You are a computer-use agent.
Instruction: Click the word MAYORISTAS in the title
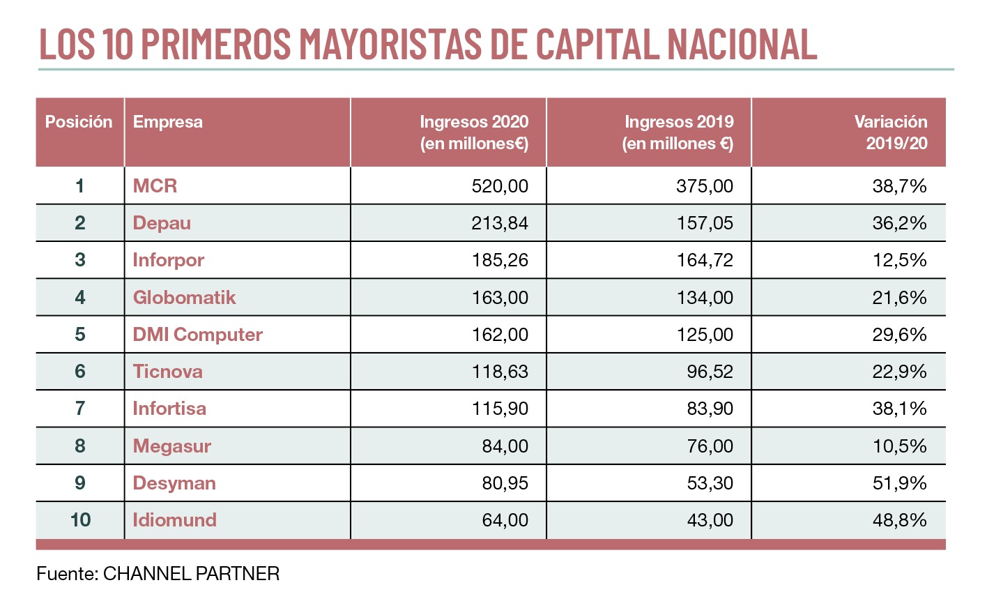pos(390,44)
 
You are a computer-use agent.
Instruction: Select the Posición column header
pos(79,122)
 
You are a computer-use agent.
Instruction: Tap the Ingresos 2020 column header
pos(473,132)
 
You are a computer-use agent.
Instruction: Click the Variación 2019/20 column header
pos(890,132)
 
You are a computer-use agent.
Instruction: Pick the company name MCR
pos(155,186)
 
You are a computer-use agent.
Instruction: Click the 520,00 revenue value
pos(500,186)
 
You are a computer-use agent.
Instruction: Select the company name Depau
pos(162,223)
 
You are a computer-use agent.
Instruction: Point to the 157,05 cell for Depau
pos(705,223)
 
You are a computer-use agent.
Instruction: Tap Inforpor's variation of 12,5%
pos(899,260)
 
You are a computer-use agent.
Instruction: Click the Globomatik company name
pos(184,298)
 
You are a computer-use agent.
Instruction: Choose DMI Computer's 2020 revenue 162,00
pos(500,335)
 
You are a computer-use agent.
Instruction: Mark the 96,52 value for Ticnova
pos(710,372)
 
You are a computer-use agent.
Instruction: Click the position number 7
pos(80,409)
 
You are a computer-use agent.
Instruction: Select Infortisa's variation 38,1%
pos(899,409)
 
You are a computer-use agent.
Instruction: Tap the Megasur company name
pos(171,446)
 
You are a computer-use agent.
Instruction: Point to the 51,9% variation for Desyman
pos(899,483)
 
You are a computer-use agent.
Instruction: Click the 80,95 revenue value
pos(505,483)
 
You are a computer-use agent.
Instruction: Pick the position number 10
pos(80,520)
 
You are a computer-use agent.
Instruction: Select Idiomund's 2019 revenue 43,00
pos(710,520)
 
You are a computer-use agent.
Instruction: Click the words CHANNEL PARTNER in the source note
pos(191,574)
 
